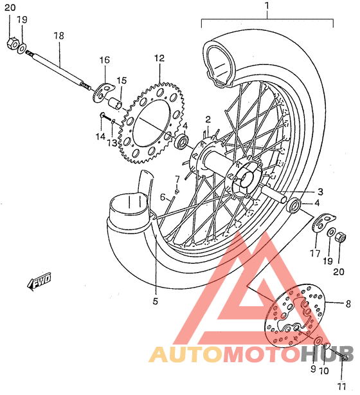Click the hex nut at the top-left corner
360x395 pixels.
tap(11, 44)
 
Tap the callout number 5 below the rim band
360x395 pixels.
tap(155, 300)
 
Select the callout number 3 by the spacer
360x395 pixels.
tap(319, 191)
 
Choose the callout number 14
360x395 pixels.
tap(100, 136)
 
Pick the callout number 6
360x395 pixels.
tap(163, 196)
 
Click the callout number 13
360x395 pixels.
tap(112, 142)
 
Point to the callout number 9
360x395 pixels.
tap(312, 369)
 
